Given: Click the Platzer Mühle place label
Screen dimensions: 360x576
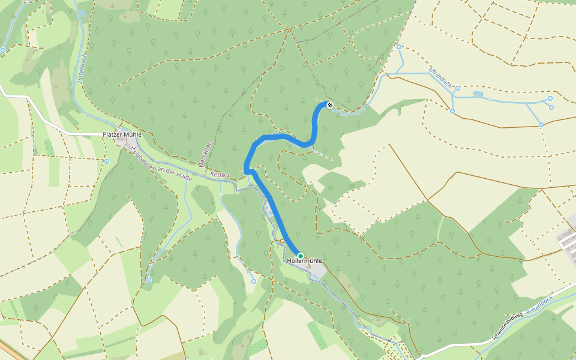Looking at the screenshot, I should [122, 134].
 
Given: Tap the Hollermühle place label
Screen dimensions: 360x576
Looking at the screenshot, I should [304, 261].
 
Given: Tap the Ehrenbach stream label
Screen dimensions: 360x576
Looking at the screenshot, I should [441, 78].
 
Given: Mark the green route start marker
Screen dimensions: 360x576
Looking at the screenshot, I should [300, 256].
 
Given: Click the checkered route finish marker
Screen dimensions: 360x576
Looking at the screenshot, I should [329, 105].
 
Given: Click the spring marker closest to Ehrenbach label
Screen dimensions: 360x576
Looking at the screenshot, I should [457, 88].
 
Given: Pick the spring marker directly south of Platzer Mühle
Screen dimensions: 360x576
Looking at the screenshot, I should [106, 161].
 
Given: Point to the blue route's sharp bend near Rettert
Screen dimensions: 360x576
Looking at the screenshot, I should [247, 172].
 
